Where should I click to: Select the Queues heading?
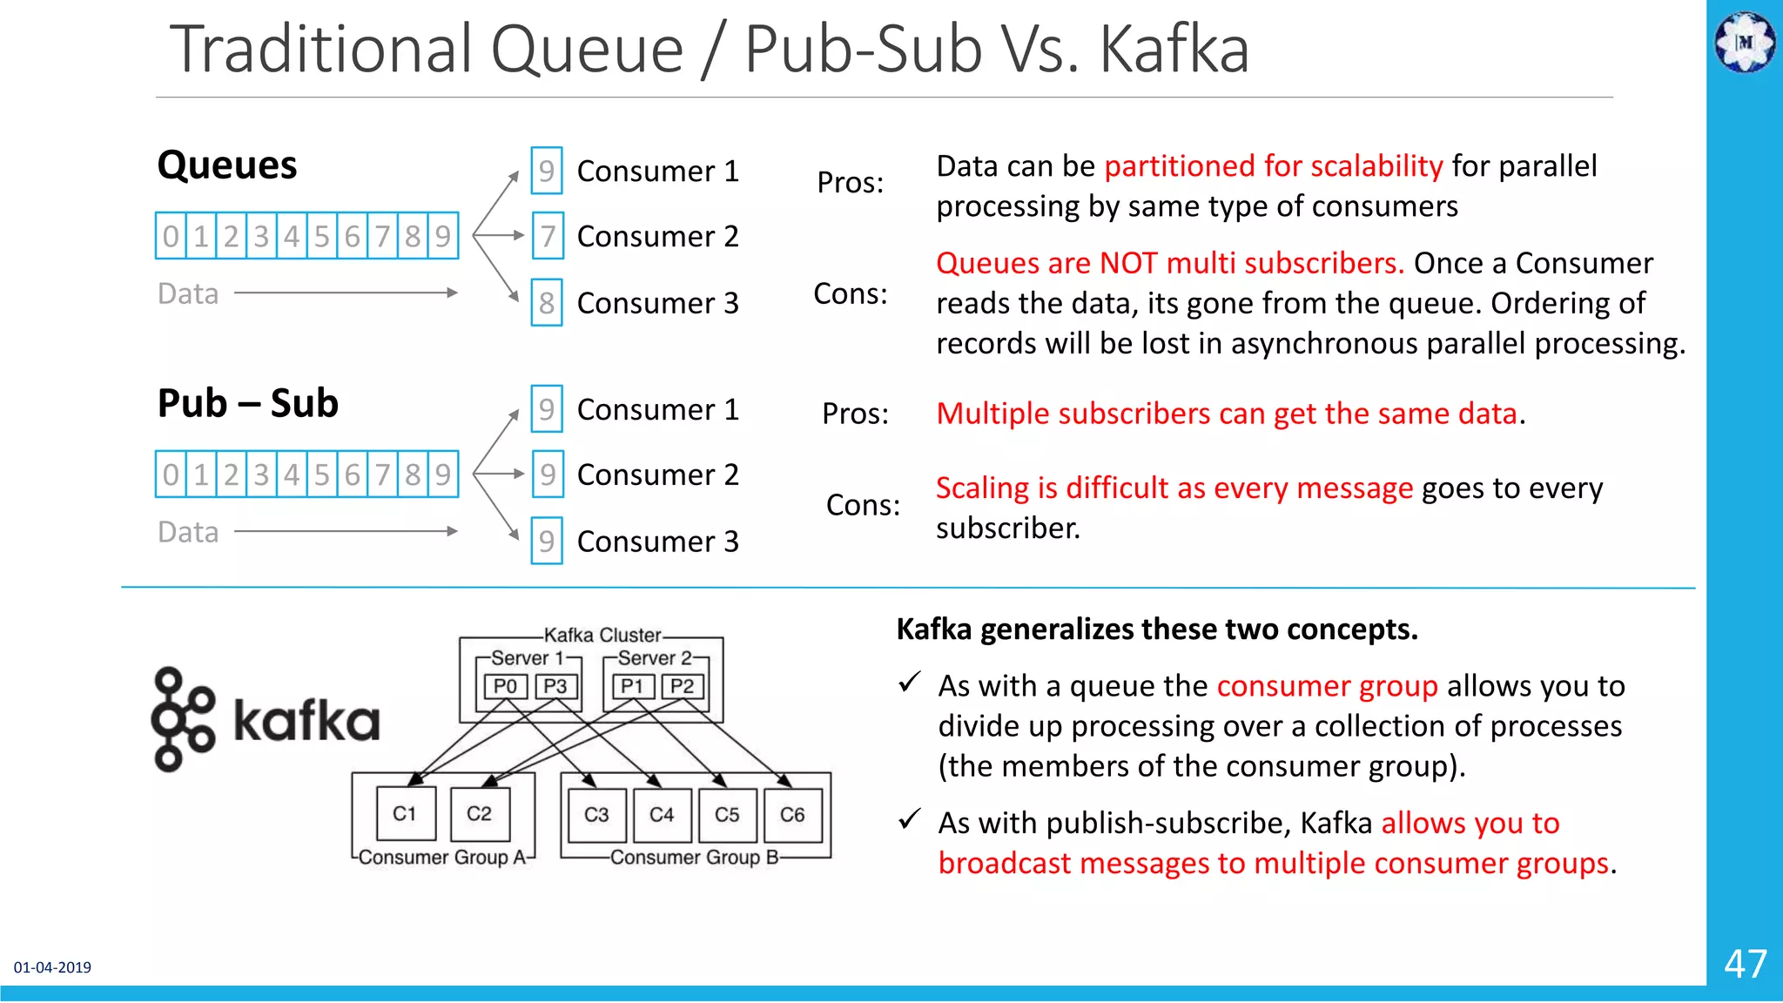coord(227,165)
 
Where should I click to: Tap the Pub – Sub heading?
coord(248,403)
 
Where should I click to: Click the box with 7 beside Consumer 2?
coord(547,236)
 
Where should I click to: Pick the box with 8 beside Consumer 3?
coord(547,302)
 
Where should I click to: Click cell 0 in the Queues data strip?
coord(171,236)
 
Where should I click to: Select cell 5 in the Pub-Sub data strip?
coord(322,475)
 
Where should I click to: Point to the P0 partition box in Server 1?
coord(505,687)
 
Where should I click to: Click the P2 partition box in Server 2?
coord(683,687)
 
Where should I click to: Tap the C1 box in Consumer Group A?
coord(404,814)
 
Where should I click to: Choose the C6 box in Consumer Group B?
coord(792,815)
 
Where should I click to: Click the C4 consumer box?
coord(662,815)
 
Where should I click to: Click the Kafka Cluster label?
coord(602,636)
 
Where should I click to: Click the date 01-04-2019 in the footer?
coord(52,967)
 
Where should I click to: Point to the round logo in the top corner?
coord(1745,42)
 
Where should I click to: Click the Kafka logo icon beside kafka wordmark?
coord(183,719)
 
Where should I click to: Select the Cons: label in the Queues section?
coord(850,294)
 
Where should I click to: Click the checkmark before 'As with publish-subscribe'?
coord(909,819)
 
